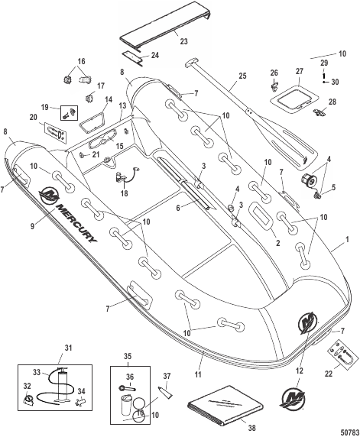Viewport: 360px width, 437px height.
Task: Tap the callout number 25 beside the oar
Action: [242, 76]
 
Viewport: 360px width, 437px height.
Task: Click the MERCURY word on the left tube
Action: [76, 223]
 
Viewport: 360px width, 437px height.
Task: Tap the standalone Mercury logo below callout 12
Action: [293, 398]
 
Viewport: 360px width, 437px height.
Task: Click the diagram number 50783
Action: [351, 432]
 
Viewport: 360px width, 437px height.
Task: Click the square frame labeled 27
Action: [294, 100]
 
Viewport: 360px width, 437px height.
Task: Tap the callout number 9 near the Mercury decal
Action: [33, 225]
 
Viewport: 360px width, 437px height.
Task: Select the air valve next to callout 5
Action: [309, 179]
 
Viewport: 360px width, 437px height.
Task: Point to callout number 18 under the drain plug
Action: [124, 193]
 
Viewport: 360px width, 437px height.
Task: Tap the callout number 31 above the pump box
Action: [68, 348]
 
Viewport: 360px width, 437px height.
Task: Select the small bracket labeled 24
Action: [133, 59]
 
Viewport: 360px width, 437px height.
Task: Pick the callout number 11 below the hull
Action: [198, 374]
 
